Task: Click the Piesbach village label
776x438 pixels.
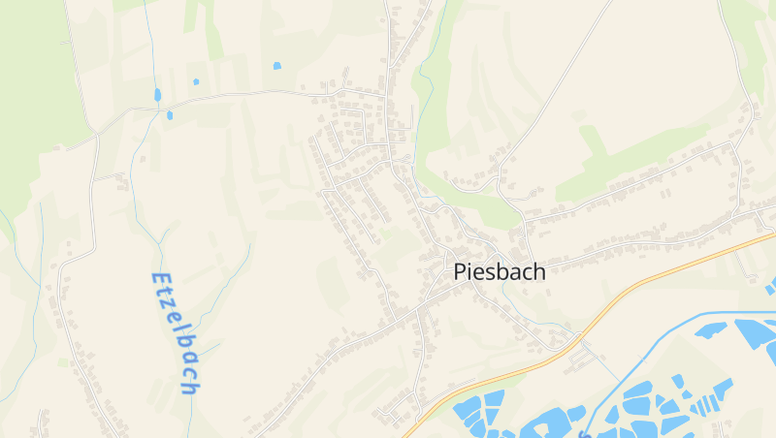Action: click(500, 272)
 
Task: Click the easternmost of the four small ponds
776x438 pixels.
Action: click(276, 66)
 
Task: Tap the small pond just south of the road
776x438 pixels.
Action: click(170, 115)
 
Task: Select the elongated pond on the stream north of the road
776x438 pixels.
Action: click(157, 95)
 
